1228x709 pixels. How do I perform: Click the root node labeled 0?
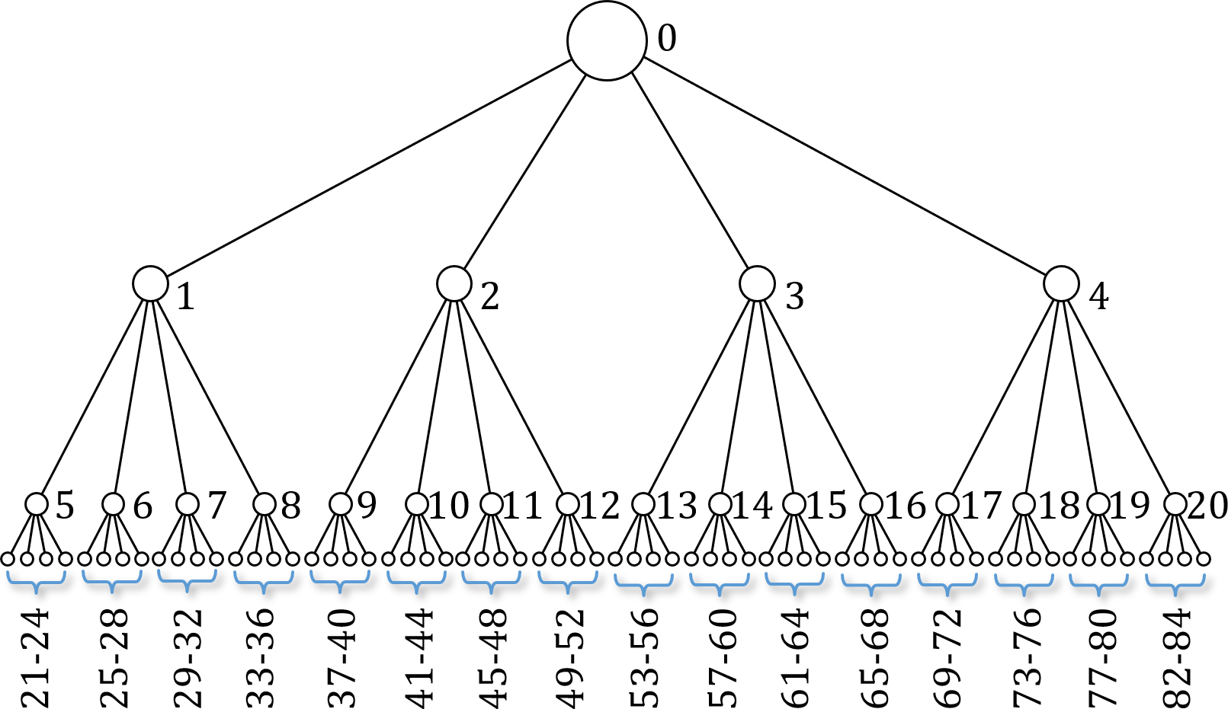[607, 40]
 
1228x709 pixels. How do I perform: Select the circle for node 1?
[150, 284]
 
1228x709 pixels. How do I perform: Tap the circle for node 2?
[454, 284]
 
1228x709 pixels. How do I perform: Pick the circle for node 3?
[757, 284]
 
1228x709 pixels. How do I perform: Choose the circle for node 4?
[1061, 284]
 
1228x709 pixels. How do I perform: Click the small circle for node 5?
[37, 504]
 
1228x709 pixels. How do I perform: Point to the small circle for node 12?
[568, 504]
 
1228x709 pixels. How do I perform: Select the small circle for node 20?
[1175, 504]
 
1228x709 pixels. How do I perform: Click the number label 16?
[906, 506]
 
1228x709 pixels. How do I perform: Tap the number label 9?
[367, 506]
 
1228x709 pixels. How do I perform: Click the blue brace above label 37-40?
[340, 585]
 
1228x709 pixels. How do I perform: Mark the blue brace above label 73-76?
[1024, 585]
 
